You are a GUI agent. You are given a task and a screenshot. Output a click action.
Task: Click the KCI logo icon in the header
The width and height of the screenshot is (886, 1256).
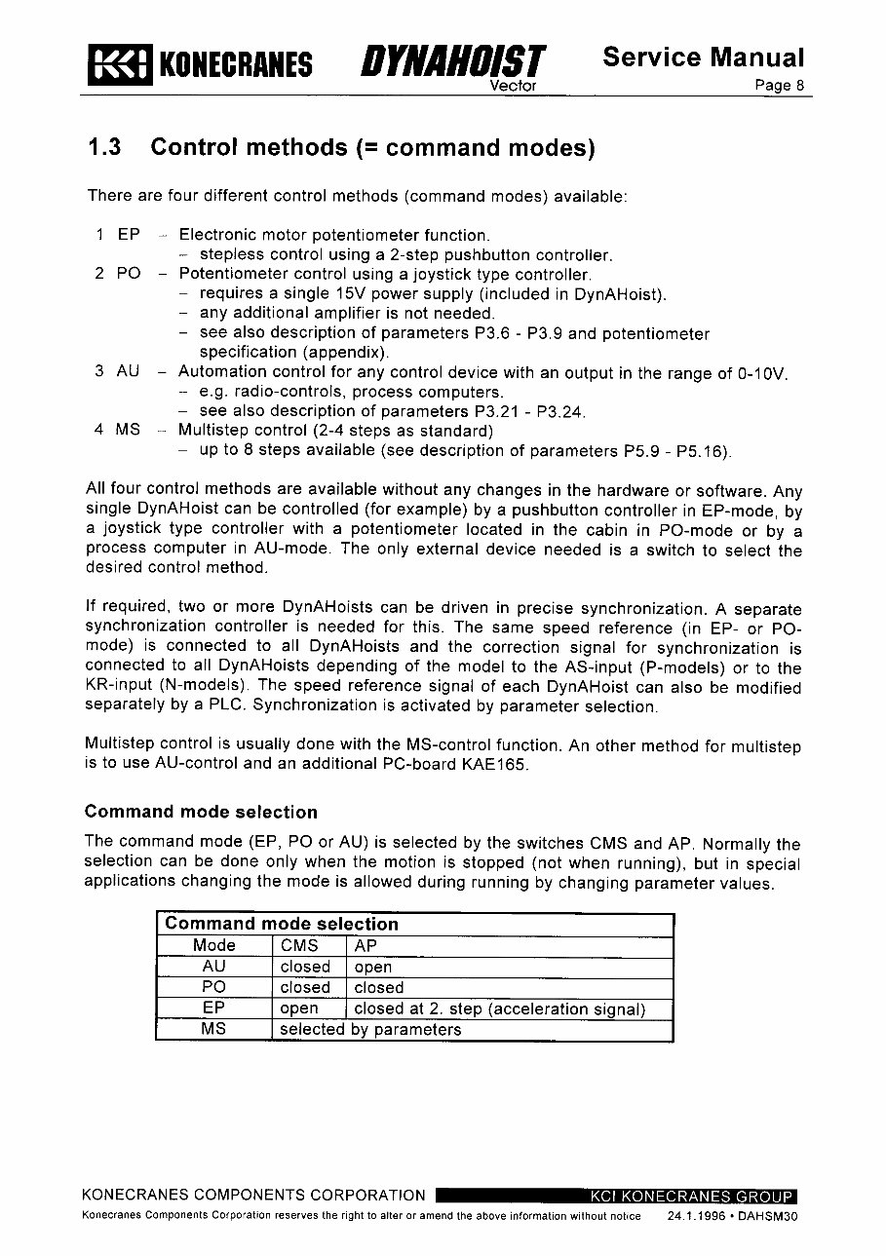click(x=119, y=64)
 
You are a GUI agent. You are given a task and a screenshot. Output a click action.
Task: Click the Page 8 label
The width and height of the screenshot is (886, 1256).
click(x=780, y=85)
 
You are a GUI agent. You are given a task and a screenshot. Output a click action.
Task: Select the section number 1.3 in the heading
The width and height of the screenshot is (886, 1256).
click(x=104, y=148)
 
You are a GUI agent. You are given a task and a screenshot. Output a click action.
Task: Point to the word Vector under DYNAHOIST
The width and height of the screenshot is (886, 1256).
click(x=513, y=86)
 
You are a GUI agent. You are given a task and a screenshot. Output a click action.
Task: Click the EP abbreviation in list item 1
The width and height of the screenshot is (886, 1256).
click(x=129, y=235)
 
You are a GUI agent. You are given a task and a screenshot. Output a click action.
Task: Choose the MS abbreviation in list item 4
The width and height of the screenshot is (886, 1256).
click(x=128, y=430)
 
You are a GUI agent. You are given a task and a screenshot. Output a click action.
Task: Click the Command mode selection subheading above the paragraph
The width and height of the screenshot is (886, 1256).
click(x=201, y=812)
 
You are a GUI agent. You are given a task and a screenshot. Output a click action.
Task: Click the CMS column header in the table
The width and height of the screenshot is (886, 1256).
click(x=299, y=945)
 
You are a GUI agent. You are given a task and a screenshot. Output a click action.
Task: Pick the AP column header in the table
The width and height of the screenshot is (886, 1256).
click(x=366, y=945)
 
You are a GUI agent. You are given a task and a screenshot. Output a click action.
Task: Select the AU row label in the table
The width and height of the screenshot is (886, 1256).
click(x=213, y=967)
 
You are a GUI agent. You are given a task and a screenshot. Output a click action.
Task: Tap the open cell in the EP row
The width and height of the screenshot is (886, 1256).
click(x=299, y=1009)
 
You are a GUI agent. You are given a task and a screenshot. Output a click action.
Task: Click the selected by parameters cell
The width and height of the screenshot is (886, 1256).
click(x=370, y=1030)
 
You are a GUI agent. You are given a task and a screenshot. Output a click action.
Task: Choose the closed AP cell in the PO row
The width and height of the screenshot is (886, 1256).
click(x=378, y=988)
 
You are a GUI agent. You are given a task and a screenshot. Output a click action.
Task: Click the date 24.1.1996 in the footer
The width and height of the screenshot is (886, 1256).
click(x=697, y=1217)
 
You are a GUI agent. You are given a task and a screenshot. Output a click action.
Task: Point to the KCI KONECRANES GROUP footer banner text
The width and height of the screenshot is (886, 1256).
click(x=691, y=1197)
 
